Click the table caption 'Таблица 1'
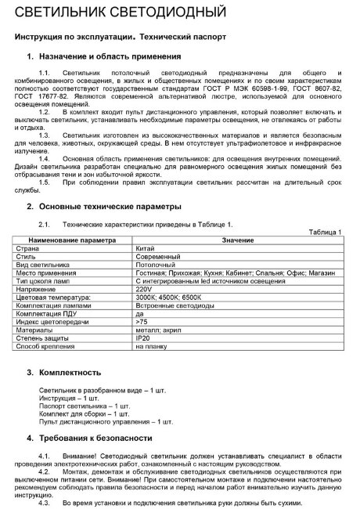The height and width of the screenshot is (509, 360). point(326,232)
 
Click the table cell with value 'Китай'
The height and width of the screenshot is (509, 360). point(145,248)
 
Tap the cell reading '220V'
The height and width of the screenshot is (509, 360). point(144,288)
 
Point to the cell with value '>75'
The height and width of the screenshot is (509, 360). point(142,321)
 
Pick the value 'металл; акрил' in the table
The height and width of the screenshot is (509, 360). point(158,330)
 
